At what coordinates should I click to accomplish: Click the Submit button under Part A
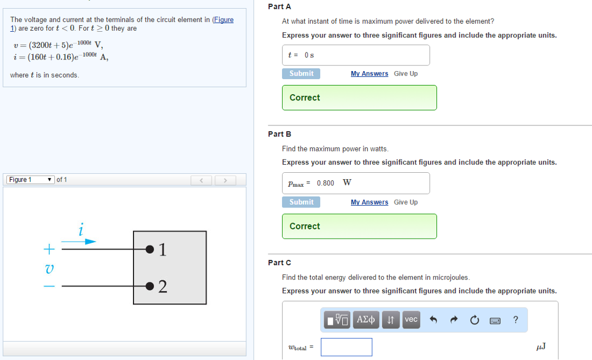(x=301, y=73)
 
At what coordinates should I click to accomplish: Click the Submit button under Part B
(x=301, y=202)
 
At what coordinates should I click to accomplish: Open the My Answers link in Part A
(x=369, y=74)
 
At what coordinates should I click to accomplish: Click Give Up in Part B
(x=406, y=202)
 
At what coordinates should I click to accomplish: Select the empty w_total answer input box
(x=346, y=347)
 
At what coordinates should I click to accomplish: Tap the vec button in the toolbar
(x=411, y=320)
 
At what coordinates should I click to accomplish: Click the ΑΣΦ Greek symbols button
(x=367, y=320)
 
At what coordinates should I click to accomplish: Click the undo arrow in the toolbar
(x=432, y=320)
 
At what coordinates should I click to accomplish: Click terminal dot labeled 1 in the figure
(x=150, y=249)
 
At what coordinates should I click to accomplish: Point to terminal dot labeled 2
(x=150, y=286)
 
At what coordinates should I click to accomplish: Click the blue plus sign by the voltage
(x=50, y=249)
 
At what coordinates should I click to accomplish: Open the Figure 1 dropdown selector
(x=30, y=180)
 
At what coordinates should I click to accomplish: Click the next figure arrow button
(x=225, y=180)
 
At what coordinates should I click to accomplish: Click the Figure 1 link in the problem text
(x=223, y=20)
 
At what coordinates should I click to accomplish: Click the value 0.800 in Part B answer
(x=325, y=183)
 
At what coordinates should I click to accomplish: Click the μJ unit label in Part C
(x=541, y=347)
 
